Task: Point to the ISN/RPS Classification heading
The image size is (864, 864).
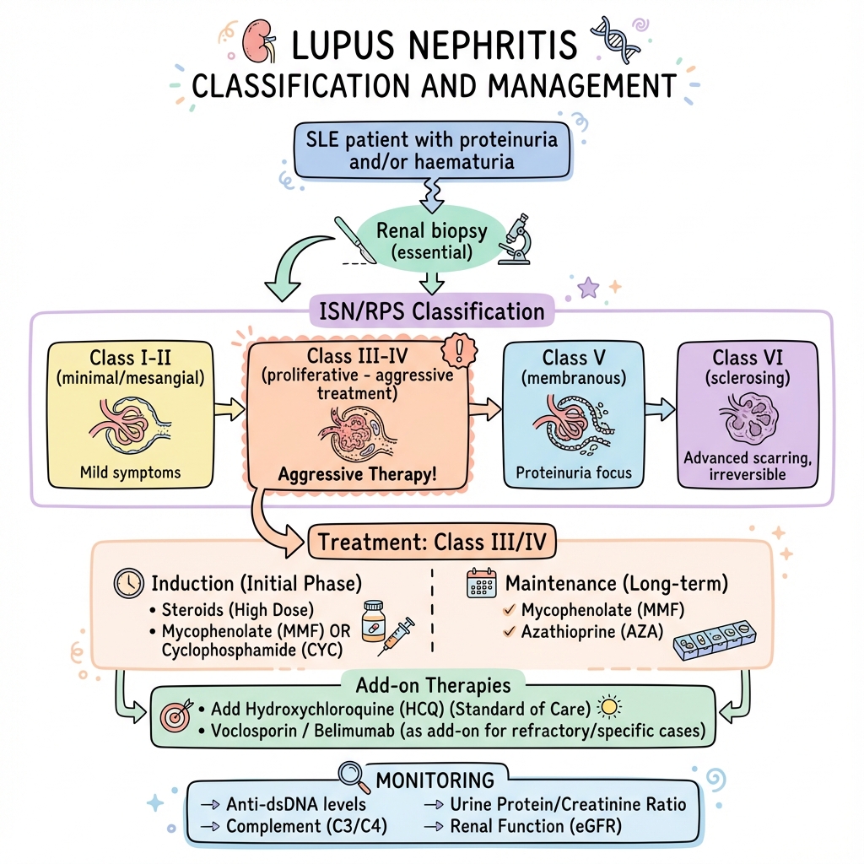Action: [431, 311]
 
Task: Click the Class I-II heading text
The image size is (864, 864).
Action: [129, 358]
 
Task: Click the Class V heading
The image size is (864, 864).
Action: [575, 358]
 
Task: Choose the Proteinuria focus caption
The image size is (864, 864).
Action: [574, 472]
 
